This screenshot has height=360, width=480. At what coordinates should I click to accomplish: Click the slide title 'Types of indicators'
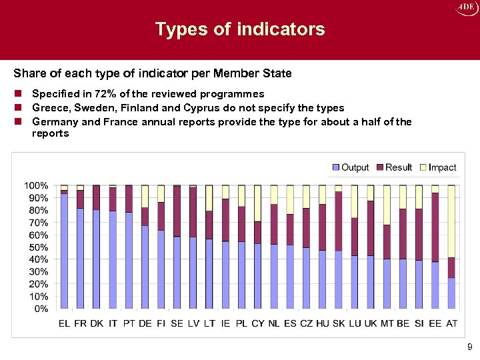[240, 29]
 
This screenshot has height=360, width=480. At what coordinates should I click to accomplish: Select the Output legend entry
[350, 167]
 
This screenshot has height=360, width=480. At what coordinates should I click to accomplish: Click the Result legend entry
[394, 167]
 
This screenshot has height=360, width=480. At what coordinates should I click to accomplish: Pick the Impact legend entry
[437, 167]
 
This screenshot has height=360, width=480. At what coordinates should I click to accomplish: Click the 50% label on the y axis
[37, 247]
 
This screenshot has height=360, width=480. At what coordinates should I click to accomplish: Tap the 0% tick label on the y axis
[40, 309]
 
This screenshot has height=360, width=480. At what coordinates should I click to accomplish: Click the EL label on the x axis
[65, 323]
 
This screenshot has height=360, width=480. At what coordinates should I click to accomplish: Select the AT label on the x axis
[451, 323]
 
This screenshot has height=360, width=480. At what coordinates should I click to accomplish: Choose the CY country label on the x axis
[258, 323]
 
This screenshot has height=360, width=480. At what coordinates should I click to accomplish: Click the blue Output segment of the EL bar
[65, 253]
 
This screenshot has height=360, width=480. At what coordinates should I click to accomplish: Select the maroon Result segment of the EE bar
[435, 227]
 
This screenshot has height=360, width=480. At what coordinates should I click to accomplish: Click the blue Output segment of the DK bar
[97, 260]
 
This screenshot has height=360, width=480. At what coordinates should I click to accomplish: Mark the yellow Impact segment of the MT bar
[387, 205]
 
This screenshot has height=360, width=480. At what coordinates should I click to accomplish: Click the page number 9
[469, 347]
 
